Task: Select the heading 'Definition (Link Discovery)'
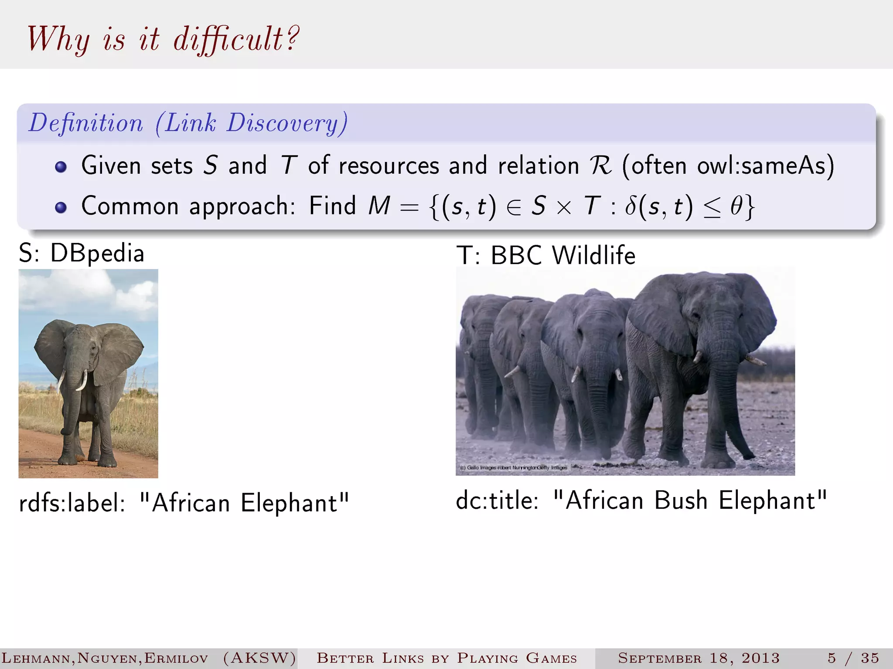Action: click(188, 123)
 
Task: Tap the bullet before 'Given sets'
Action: click(61, 167)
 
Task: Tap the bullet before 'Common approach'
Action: click(61, 207)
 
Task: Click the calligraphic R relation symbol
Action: click(600, 166)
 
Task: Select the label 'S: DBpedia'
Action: click(82, 253)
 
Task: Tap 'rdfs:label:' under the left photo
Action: click(72, 503)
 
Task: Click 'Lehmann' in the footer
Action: click(37, 658)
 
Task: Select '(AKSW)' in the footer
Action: click(260, 658)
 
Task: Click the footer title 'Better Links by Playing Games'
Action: click(446, 658)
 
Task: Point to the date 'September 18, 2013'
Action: click(699, 658)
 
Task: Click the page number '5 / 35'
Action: click(853, 658)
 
